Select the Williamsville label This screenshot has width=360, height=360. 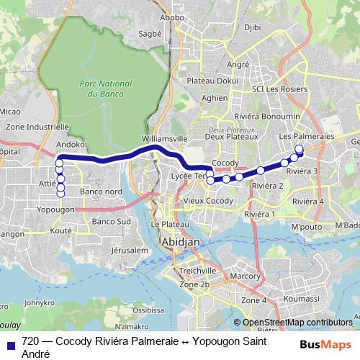(x=165, y=137)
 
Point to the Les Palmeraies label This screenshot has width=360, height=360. (x=306, y=136)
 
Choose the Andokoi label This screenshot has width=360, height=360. (x=71, y=143)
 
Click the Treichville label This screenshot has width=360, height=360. (x=194, y=270)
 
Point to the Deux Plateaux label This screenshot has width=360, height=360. (x=231, y=136)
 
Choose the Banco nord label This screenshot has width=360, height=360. (x=101, y=192)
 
